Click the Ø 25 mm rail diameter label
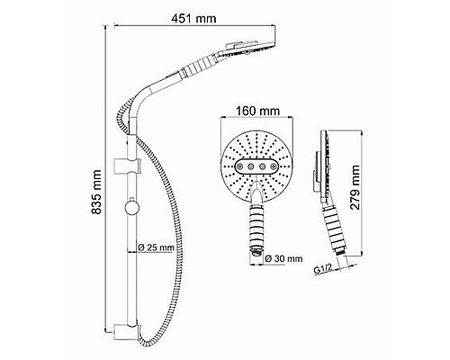pos(158,248)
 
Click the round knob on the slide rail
pos(133,210)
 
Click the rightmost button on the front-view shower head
pos(272,166)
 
